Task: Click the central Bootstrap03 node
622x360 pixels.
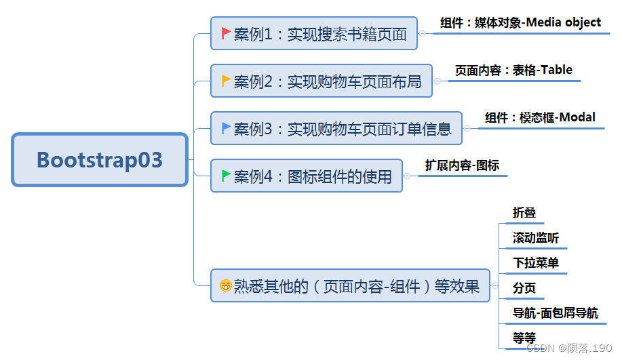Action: (100, 160)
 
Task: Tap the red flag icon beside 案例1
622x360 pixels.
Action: (226, 33)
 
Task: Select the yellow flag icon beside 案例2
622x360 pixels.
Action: (226, 81)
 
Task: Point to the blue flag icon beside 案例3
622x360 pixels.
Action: (226, 127)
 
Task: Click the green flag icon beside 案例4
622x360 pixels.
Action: (226, 176)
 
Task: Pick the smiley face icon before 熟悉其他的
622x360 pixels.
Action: (225, 286)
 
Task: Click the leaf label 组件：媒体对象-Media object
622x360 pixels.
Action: (520, 22)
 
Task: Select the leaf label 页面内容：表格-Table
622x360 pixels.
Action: (513, 70)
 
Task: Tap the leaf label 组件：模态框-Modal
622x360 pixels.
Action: (540, 117)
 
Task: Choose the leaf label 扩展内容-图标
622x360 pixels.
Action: (462, 165)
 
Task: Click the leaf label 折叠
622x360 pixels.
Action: (524, 212)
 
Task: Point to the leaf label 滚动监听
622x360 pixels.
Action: (536, 238)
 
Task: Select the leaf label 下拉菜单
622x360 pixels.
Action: (536, 262)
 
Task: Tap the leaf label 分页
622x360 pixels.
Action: (524, 287)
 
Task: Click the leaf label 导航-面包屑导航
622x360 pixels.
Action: (556, 313)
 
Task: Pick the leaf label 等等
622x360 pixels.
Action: (524, 338)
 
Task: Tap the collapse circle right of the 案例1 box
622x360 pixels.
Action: (423, 33)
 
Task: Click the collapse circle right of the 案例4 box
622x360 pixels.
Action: (408, 176)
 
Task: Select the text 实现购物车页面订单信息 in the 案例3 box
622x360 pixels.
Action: (369, 128)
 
